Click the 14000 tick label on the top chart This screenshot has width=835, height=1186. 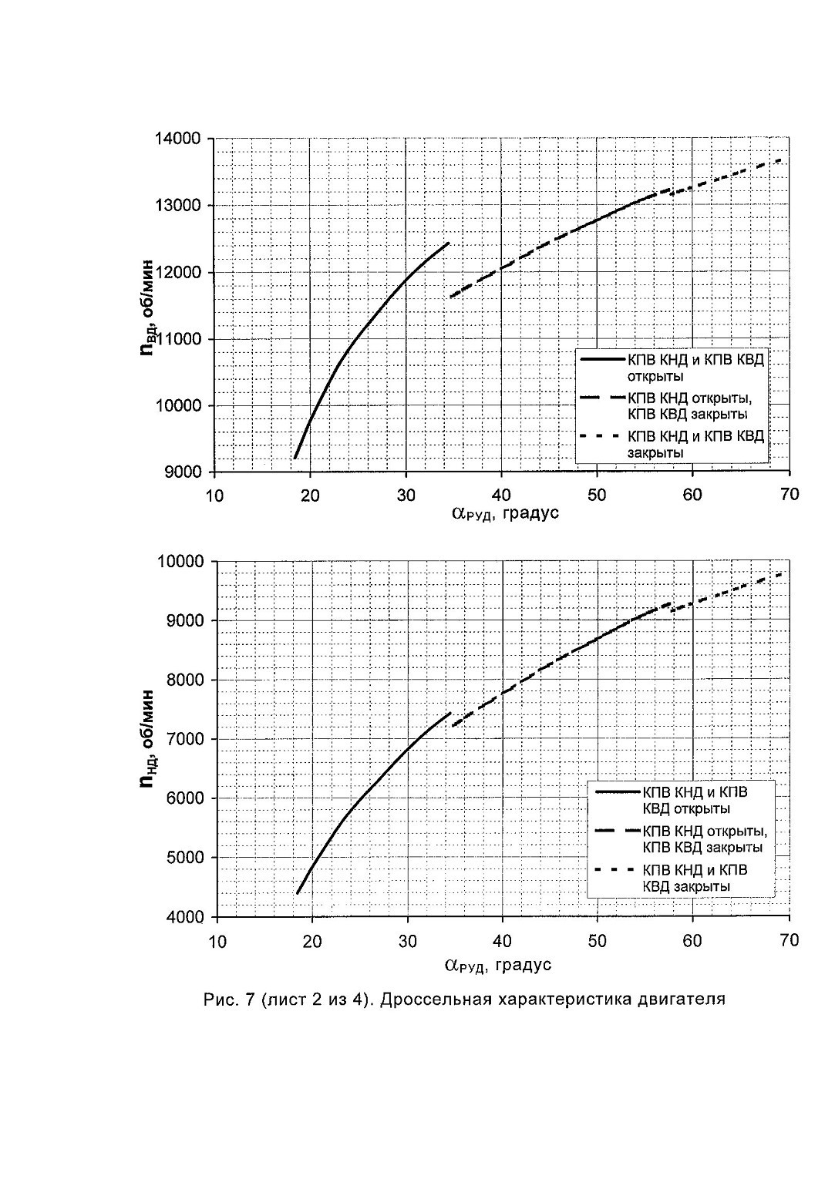[x=177, y=139]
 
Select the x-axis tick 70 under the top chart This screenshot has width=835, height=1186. [x=789, y=494]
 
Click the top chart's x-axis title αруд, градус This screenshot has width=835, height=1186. [x=506, y=513]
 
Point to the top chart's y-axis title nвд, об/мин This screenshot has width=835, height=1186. [x=147, y=307]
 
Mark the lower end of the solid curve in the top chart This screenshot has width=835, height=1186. [x=295, y=458]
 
